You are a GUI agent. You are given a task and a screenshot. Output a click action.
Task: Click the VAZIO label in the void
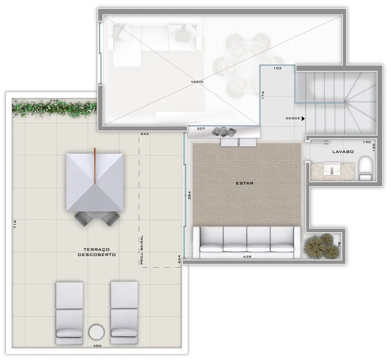tap(197, 82)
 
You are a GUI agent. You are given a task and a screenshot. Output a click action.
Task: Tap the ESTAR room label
tap(244, 183)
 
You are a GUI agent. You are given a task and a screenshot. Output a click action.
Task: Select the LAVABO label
tap(343, 152)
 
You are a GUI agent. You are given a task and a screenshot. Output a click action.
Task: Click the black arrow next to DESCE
tap(303, 118)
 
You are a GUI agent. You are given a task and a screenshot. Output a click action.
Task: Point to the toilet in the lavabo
tap(365, 168)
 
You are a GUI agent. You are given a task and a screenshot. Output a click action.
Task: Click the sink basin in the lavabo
tap(332, 169)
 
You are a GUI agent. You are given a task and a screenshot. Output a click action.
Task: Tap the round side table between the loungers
tap(97, 332)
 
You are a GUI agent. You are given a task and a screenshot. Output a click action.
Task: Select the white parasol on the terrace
tap(95, 182)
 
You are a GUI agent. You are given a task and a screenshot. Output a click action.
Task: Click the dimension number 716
tap(15, 224)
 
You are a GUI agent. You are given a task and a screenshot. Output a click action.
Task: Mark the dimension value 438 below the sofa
tap(247, 257)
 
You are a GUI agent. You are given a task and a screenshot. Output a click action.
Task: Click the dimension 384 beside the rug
tap(189, 195)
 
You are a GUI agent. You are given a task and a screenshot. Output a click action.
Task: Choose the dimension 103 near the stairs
tap(277, 68)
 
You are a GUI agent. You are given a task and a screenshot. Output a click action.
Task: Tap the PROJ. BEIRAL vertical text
tap(142, 250)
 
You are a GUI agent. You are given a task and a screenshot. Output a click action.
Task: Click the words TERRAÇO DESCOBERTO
tap(97, 252)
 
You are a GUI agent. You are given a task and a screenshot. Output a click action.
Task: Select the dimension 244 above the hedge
tap(54, 100)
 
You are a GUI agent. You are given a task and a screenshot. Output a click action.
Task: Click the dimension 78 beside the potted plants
tap(339, 244)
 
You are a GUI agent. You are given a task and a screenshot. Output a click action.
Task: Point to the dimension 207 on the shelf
tap(201, 129)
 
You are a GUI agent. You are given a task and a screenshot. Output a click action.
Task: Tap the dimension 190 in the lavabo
tap(367, 142)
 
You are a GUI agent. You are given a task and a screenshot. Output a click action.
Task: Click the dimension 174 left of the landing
tap(263, 95)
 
